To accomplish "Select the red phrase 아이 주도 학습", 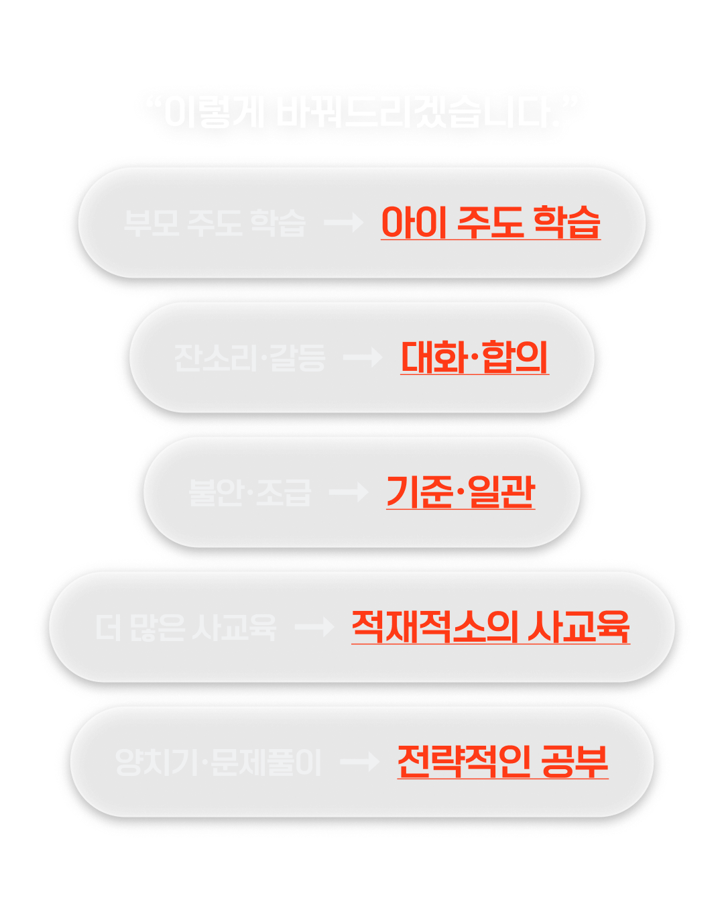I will click(490, 223).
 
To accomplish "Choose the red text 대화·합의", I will click(474, 357).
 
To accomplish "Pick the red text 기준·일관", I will click(461, 492).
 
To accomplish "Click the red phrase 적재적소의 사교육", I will click(490, 628).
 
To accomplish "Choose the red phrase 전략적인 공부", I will click(503, 762).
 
